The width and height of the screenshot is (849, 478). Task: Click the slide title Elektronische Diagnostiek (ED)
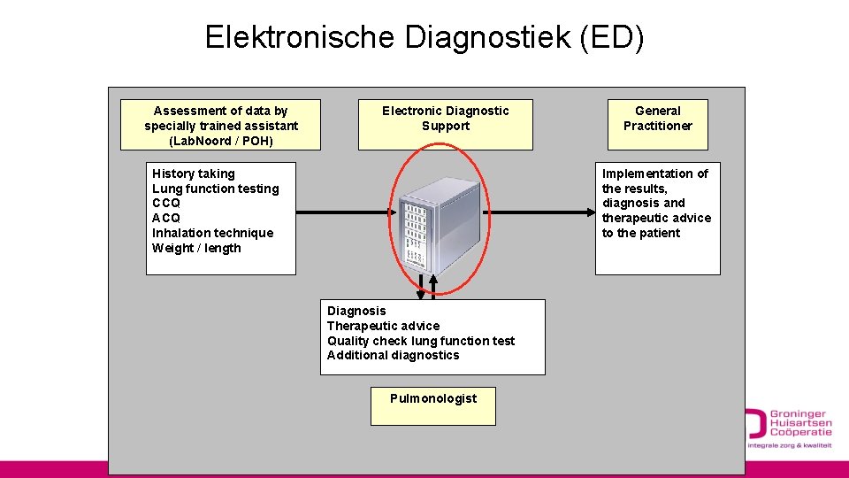click(424, 37)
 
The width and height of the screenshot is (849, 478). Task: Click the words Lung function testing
click(215, 189)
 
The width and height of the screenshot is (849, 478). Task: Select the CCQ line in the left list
click(166, 204)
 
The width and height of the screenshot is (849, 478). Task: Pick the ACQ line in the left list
click(166, 218)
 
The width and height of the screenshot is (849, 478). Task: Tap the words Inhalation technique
click(212, 233)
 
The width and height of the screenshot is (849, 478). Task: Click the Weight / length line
click(196, 248)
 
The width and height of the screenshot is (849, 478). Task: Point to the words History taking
click(194, 173)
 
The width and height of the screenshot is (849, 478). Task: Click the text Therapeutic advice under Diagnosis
click(383, 326)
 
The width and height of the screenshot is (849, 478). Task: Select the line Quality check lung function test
click(421, 341)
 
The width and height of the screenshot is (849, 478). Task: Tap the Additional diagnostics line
click(394, 355)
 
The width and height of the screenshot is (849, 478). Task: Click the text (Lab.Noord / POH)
click(221, 141)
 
